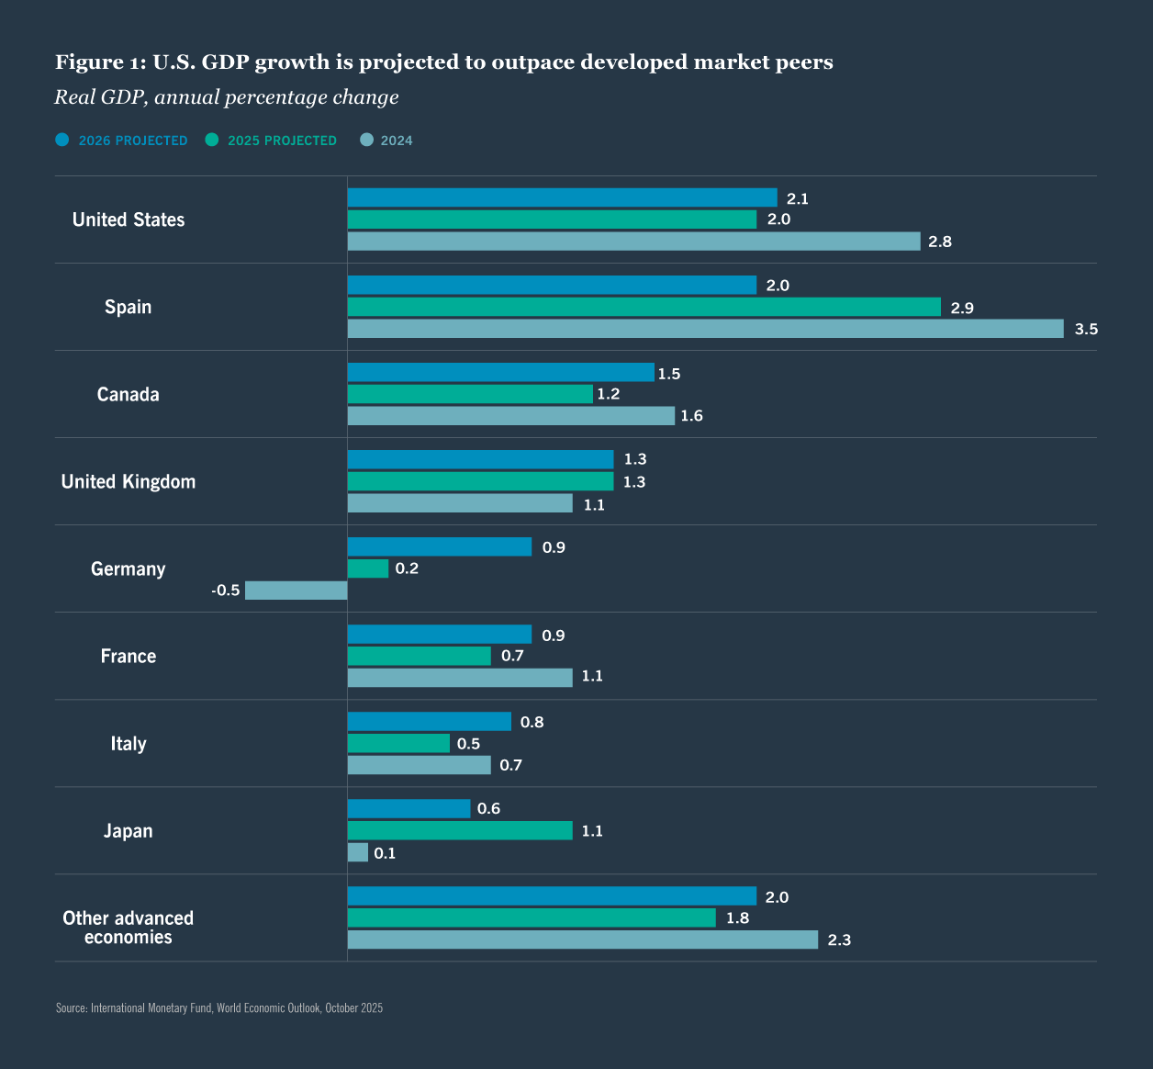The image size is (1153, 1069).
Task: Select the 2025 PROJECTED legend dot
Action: (x=212, y=140)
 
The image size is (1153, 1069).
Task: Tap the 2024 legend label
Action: (x=397, y=141)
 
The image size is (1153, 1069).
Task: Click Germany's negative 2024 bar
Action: (x=296, y=591)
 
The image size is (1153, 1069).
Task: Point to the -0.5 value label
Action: (x=225, y=591)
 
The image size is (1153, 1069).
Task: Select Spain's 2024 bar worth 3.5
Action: (x=705, y=329)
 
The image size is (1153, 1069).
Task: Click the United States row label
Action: (x=129, y=219)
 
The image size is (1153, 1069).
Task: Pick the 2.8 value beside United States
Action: (x=940, y=242)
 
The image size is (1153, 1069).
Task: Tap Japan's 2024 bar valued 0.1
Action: (x=358, y=852)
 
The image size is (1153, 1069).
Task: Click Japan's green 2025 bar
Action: (x=459, y=830)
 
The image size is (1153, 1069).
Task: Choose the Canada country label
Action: (x=129, y=394)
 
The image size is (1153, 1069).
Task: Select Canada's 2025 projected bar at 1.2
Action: (x=470, y=394)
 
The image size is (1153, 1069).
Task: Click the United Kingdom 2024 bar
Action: (x=459, y=503)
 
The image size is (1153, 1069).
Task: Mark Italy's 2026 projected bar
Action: (x=429, y=722)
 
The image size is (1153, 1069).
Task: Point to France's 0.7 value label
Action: (x=512, y=656)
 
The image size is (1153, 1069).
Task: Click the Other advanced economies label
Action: (x=129, y=928)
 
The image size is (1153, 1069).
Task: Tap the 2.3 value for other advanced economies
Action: (x=839, y=940)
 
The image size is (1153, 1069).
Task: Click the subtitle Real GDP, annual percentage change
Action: (x=227, y=97)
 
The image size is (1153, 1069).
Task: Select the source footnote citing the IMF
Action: (x=219, y=1008)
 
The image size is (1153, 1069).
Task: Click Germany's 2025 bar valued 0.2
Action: (x=367, y=568)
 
